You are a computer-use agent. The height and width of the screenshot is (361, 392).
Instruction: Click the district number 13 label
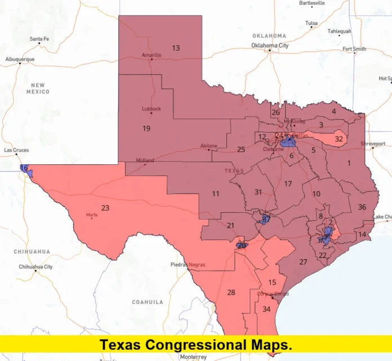[176, 48]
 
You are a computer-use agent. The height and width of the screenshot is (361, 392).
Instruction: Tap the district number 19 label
[146, 129]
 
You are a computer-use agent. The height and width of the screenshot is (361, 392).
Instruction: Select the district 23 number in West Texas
[105, 208]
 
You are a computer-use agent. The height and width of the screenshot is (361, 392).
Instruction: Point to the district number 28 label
[231, 292]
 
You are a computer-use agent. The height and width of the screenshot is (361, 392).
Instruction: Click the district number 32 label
[339, 139]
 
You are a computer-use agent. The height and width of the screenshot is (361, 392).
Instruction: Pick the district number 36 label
[362, 207]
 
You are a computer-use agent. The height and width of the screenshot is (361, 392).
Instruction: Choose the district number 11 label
[216, 194]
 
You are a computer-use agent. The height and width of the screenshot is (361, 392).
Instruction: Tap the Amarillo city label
[151, 55]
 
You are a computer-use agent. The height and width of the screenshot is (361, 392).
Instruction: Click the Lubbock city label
[152, 109]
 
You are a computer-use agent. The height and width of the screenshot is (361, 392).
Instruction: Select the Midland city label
[145, 160]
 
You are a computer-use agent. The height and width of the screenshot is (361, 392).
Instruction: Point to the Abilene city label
[208, 146]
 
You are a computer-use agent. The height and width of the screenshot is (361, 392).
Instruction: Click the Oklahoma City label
[270, 45]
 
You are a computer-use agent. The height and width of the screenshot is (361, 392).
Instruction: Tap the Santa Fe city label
[39, 39]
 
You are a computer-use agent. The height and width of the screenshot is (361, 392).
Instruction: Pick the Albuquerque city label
[20, 59]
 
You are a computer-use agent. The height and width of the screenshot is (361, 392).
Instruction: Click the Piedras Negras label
[188, 264]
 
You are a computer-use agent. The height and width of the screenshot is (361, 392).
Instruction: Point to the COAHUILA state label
[148, 302]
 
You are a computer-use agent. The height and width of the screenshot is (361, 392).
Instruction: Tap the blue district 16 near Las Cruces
[24, 169]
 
